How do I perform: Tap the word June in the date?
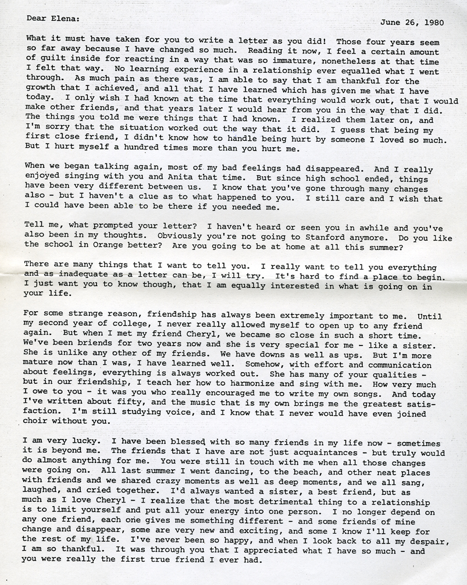click(x=391, y=23)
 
